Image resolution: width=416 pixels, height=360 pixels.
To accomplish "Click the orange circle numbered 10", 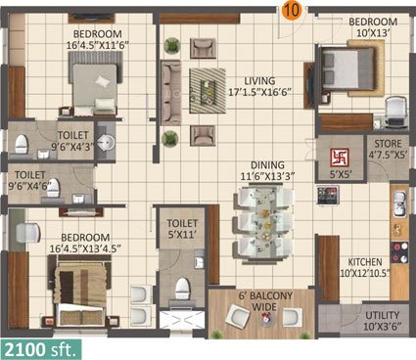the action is (292, 11).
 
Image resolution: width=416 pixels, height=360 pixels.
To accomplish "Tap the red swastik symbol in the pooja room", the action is (340, 157).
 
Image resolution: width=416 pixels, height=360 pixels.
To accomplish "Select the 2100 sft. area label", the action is (40, 350).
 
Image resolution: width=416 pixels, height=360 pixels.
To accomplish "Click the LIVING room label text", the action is (259, 80).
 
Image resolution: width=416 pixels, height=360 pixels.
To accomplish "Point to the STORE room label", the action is (388, 144).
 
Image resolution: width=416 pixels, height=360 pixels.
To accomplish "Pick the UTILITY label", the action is (382, 315).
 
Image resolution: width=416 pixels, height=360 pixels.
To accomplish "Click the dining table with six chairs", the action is (263, 224).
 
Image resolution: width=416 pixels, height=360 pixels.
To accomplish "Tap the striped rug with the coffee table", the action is (208, 91).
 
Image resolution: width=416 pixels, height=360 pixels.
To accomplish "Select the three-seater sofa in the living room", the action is (170, 93).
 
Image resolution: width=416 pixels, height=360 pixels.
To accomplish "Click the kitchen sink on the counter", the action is (399, 203).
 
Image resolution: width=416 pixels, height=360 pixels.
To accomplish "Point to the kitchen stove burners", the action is (400, 252).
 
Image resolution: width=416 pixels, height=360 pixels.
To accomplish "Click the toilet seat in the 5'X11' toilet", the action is (182, 289).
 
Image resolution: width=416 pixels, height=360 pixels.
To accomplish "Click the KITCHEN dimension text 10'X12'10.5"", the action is (365, 273).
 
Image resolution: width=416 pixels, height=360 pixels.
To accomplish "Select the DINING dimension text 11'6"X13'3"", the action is (267, 176).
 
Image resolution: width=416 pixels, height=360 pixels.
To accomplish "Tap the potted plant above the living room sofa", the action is (171, 46).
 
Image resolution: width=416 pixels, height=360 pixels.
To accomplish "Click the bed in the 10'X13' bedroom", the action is (350, 68).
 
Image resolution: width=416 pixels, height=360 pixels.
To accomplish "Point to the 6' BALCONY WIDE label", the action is (266, 301).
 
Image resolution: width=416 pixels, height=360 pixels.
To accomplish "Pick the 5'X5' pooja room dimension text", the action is (341, 174).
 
